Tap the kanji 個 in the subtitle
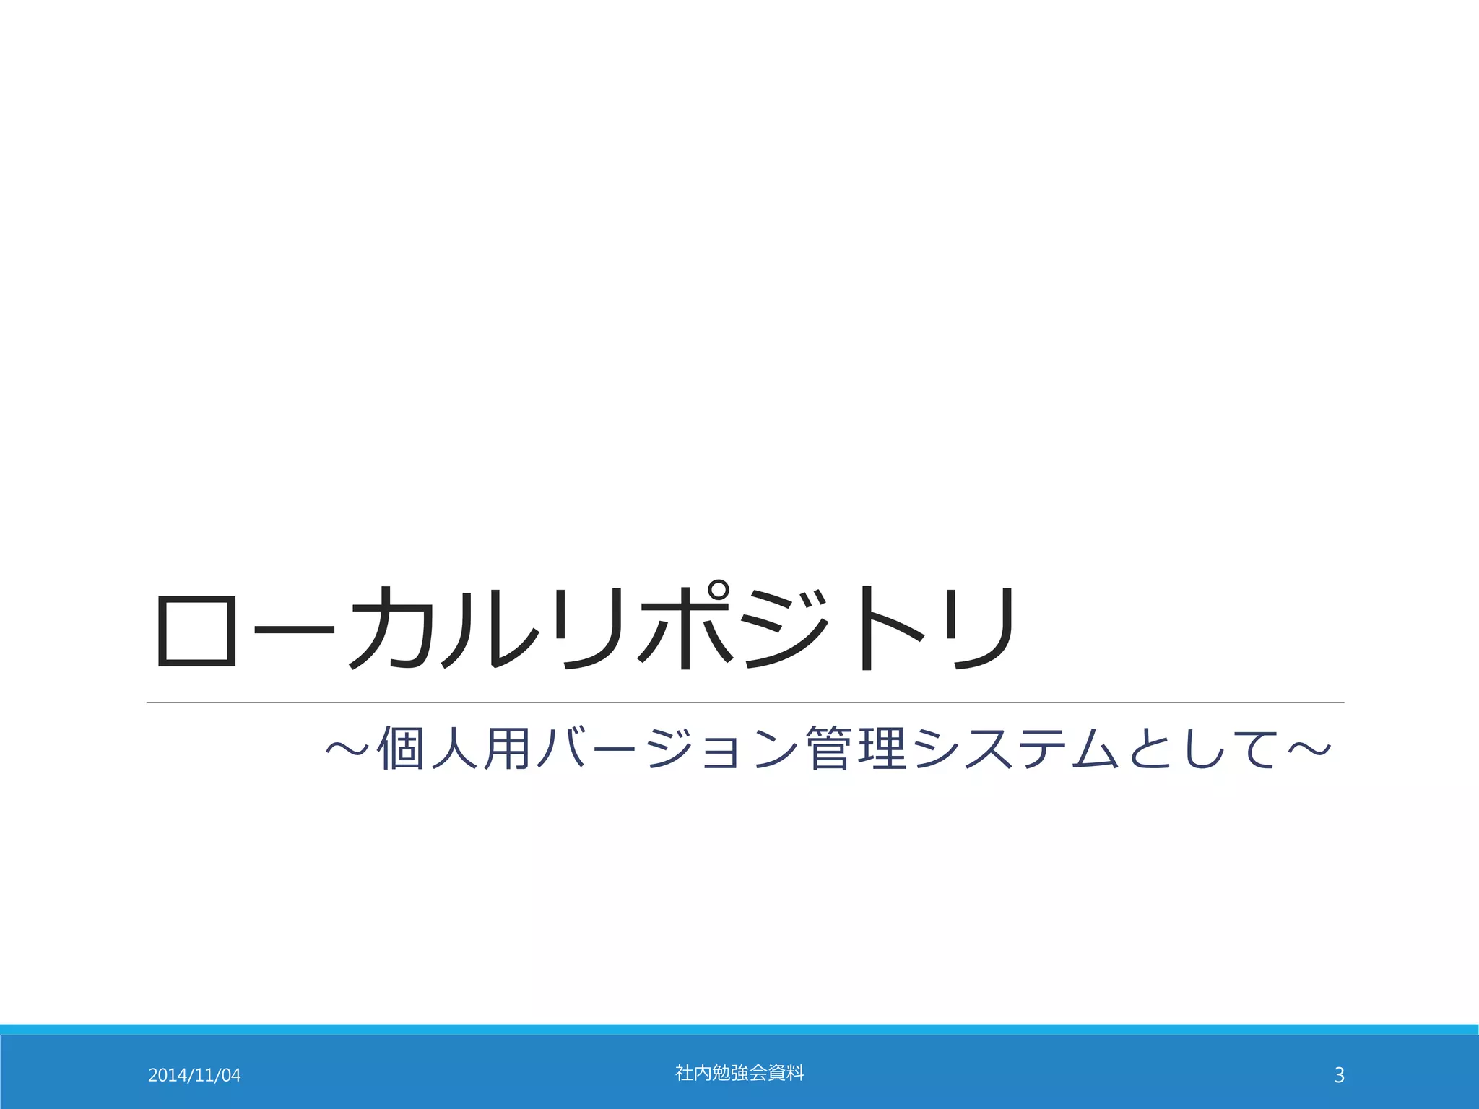click(x=401, y=748)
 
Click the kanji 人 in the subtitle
click(x=454, y=748)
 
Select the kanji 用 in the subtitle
click(x=508, y=748)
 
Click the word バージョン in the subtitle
click(x=664, y=748)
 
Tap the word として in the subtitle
click(x=1202, y=748)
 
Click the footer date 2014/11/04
click(x=194, y=1075)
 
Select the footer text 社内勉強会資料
click(x=739, y=1073)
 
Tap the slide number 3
click(x=1339, y=1075)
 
